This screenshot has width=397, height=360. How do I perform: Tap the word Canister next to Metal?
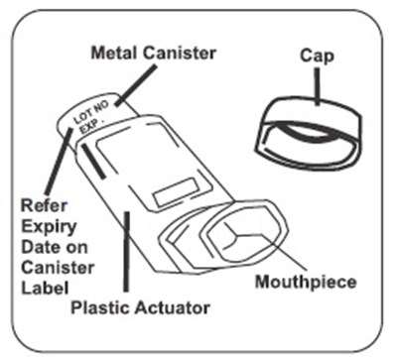pyautogui.click(x=180, y=53)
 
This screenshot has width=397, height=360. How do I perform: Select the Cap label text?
pyautogui.click(x=317, y=56)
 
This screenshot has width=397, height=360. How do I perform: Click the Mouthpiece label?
pyautogui.click(x=306, y=282)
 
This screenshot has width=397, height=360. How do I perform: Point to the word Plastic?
pyautogui.click(x=100, y=307)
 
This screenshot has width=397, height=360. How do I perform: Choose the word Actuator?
pyautogui.click(x=173, y=307)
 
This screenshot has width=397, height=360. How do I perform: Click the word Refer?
pyautogui.click(x=44, y=205)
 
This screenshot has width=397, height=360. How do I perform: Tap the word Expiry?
pyautogui.click(x=49, y=227)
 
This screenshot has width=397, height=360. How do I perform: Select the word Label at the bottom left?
pyautogui.click(x=45, y=288)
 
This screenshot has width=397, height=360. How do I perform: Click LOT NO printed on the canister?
pyautogui.click(x=90, y=112)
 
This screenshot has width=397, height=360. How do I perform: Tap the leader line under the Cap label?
pyautogui.click(x=317, y=86)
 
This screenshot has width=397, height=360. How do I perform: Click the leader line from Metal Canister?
pyautogui.click(x=136, y=85)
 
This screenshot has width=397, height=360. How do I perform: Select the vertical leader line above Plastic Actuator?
pyautogui.click(x=126, y=252)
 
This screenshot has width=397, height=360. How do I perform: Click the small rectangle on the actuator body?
pyautogui.click(x=177, y=192)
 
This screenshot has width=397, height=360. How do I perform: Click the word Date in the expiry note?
pyautogui.click(x=37, y=247)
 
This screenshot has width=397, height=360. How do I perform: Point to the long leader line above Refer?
pyautogui.click(x=59, y=162)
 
